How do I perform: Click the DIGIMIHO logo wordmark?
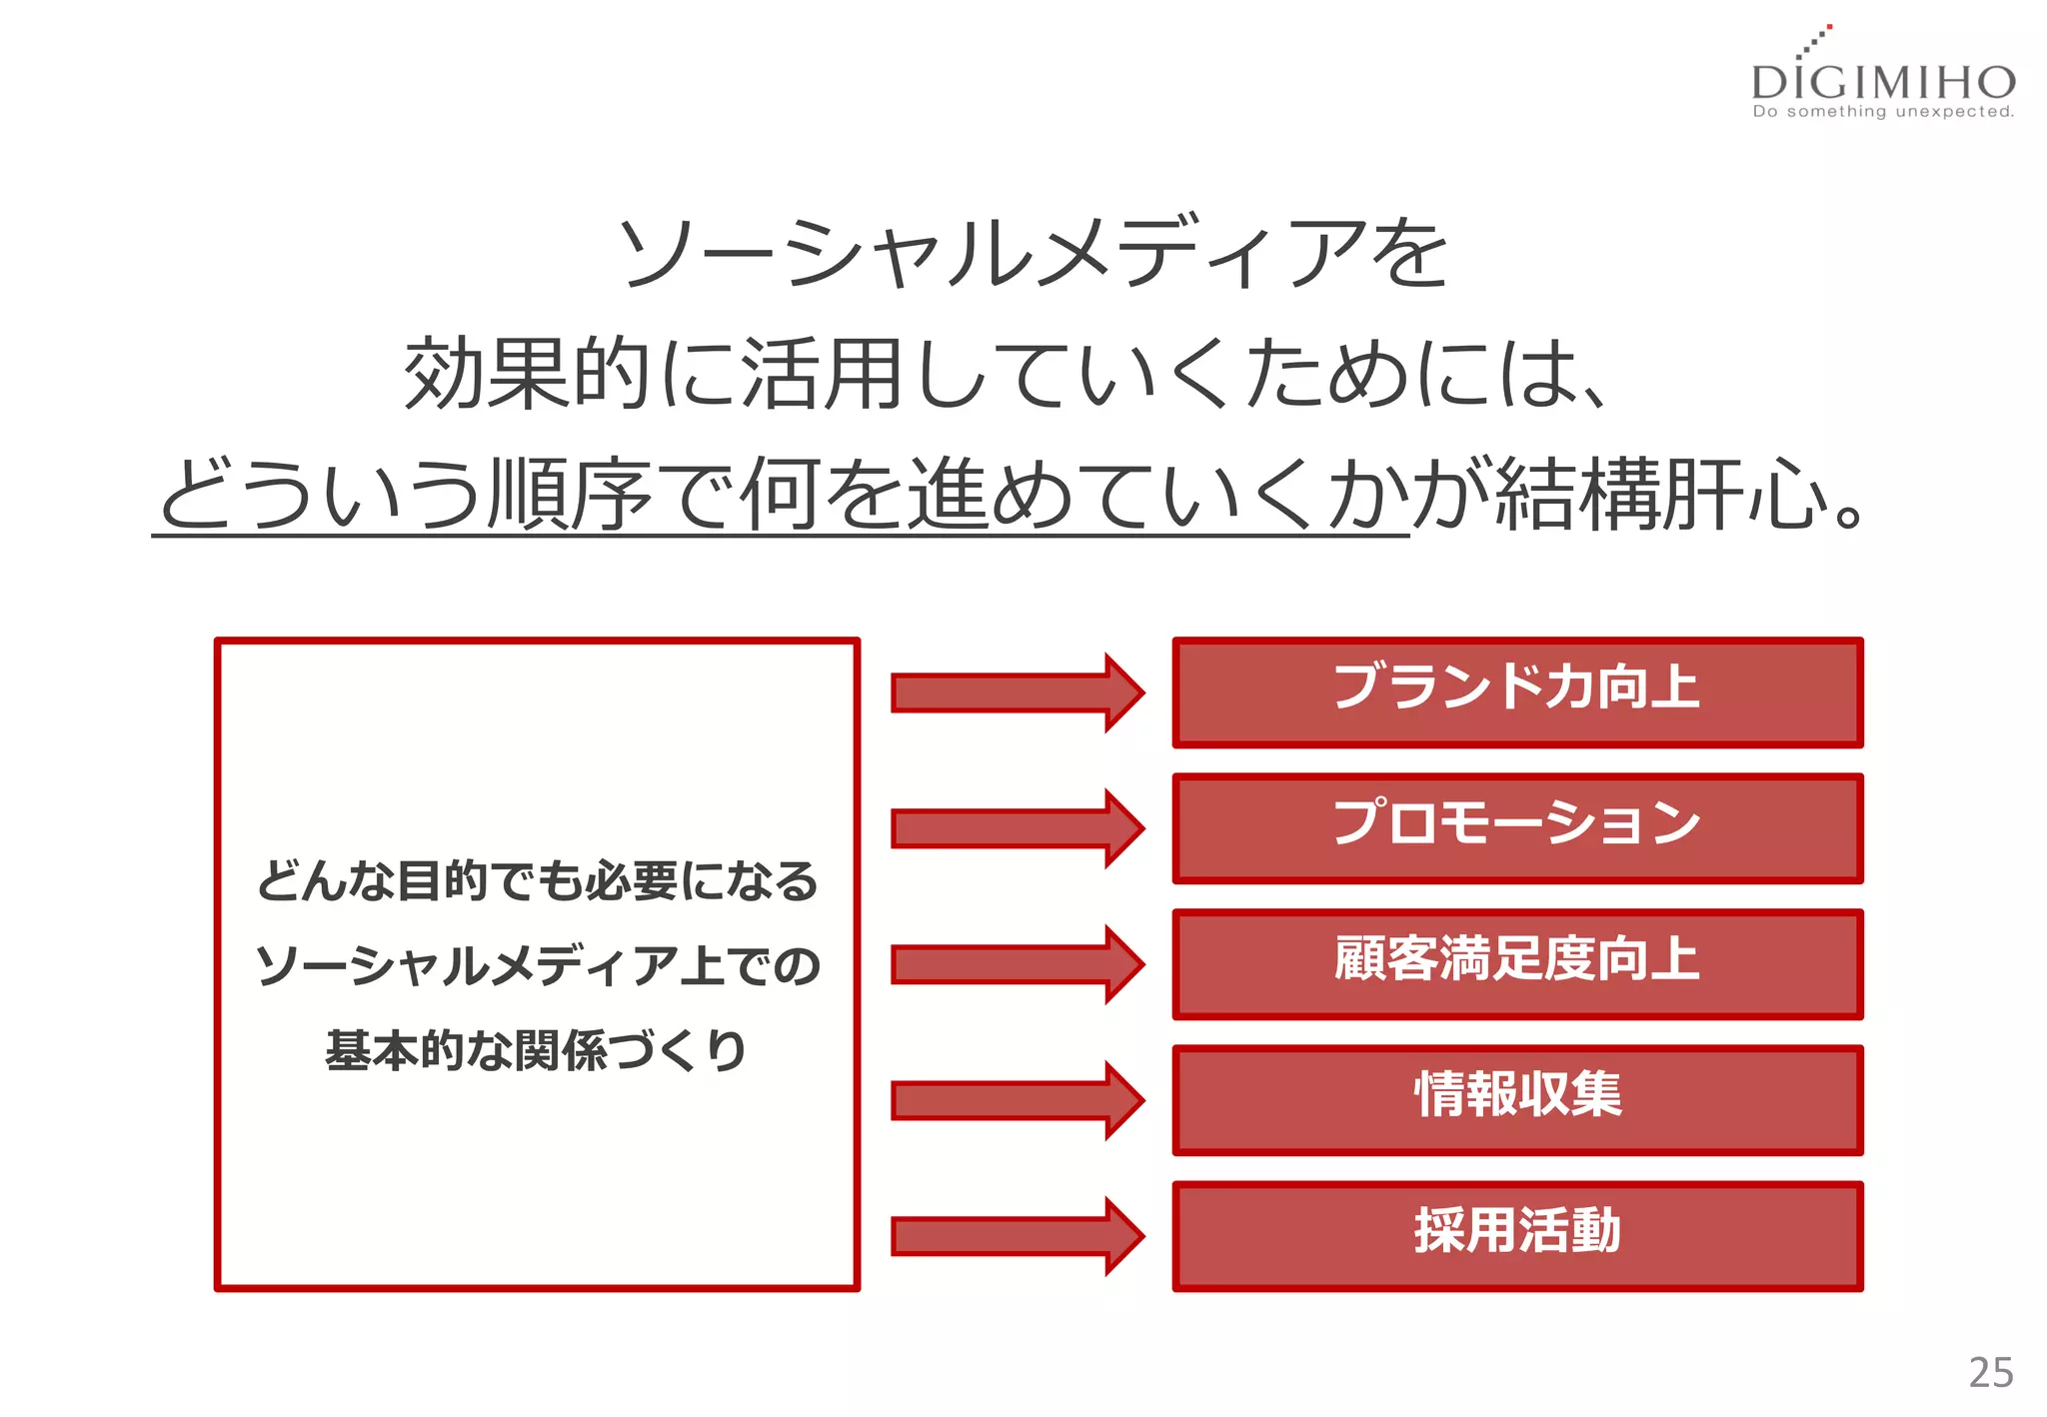click(1883, 81)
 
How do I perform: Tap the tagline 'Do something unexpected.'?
click(1883, 112)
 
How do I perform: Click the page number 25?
click(1990, 1372)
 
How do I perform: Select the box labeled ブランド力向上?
click(1517, 692)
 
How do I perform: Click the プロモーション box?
click(1517, 827)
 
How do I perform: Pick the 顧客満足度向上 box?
click(1517, 963)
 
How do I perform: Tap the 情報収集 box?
click(1517, 1099)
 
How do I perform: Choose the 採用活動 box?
click(1517, 1235)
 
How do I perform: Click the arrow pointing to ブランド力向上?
click(1017, 692)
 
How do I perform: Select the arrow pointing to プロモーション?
click(1017, 827)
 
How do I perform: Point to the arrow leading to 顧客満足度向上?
click(1017, 963)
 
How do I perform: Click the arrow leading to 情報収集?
click(1017, 1099)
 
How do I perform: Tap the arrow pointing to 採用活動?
click(1017, 1236)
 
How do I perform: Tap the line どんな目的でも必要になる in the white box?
click(538, 881)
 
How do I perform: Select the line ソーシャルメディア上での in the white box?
click(538, 966)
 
